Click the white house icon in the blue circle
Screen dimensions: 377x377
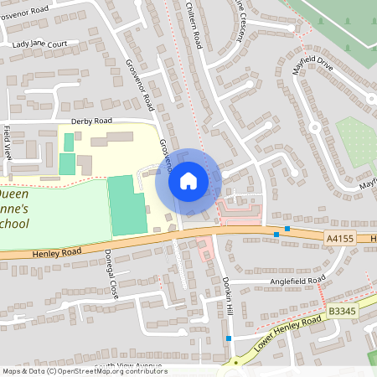pyautogui.click(x=188, y=180)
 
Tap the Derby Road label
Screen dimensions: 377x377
pyautogui.click(x=91, y=121)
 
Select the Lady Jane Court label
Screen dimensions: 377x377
pyautogui.click(x=39, y=44)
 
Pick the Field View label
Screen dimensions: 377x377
pyautogui.click(x=7, y=142)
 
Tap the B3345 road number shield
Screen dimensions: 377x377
pyautogui.click(x=342, y=311)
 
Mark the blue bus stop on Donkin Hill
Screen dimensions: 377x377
pyautogui.click(x=229, y=338)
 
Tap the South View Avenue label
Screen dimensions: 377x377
pyautogui.click(x=126, y=366)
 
